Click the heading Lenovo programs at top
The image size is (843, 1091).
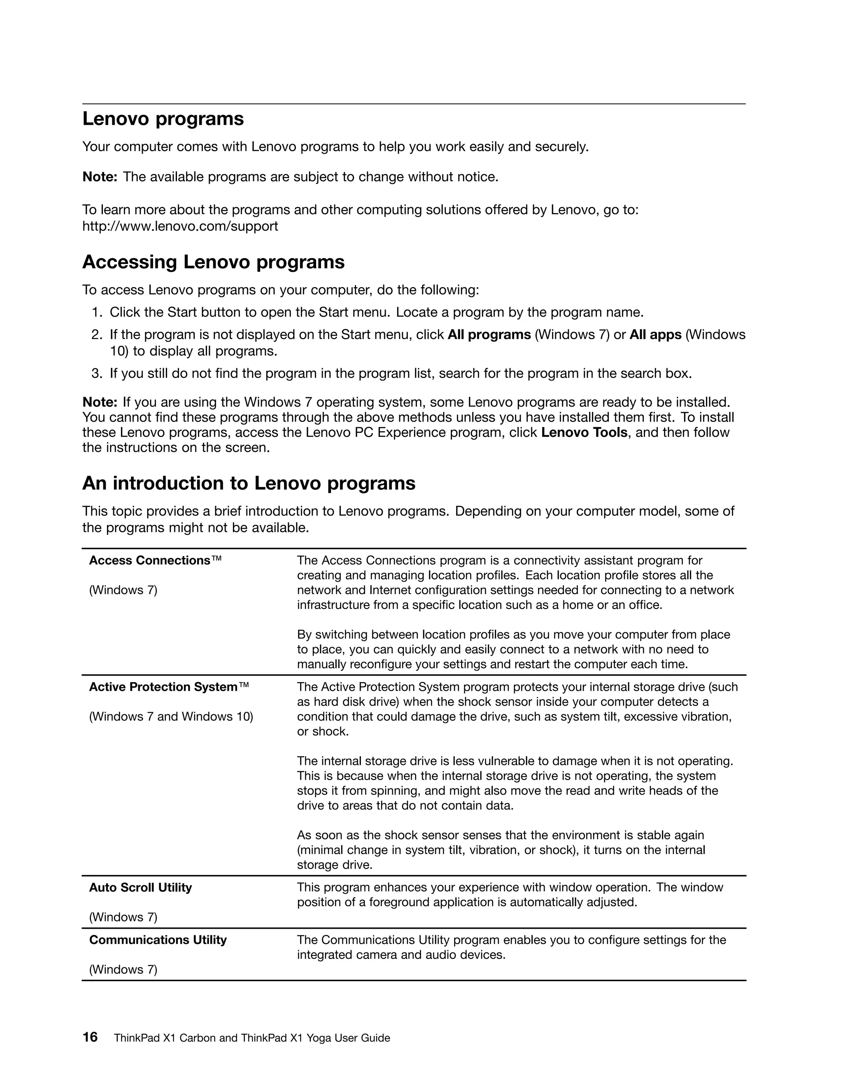point(163,119)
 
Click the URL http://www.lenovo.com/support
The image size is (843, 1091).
point(180,226)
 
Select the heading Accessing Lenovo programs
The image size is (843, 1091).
point(213,262)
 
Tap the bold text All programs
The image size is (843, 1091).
point(489,335)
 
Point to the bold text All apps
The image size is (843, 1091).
point(655,335)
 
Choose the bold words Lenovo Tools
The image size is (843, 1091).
point(584,432)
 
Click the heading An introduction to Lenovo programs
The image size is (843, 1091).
point(249,483)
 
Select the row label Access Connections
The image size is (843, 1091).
point(150,560)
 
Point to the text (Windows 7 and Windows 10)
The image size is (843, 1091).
point(171,716)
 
